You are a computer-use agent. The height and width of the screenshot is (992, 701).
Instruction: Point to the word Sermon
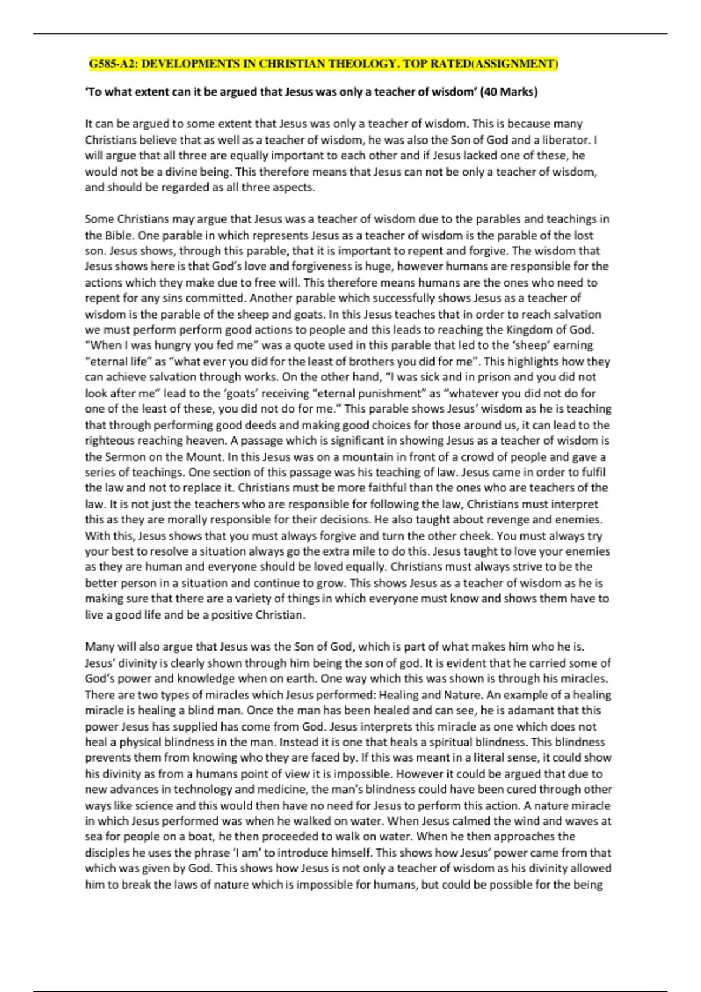(x=124, y=456)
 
